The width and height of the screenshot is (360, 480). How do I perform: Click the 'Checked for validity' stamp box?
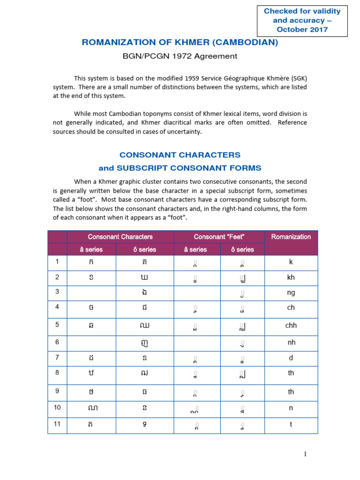302,21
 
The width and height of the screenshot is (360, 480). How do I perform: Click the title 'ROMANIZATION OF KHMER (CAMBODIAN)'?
180,42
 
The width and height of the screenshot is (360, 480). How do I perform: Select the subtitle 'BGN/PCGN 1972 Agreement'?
180,56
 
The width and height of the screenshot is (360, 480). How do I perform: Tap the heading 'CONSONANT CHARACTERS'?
180,155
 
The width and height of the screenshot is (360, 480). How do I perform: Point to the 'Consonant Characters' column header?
120,237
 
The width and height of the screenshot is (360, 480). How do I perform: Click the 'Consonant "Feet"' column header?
219,237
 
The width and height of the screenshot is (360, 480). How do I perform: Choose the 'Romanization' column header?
291,237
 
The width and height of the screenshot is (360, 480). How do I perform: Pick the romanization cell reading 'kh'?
291,277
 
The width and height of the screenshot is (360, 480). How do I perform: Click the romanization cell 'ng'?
291,293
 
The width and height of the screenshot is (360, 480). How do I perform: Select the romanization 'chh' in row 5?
291,325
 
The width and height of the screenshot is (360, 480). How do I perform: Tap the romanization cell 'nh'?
291,342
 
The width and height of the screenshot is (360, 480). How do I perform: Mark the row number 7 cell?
57,358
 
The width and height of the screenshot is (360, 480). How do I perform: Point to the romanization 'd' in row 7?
291,358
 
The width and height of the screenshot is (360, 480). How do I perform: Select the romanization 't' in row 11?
291,424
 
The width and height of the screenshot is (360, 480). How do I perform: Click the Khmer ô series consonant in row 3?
144,293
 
